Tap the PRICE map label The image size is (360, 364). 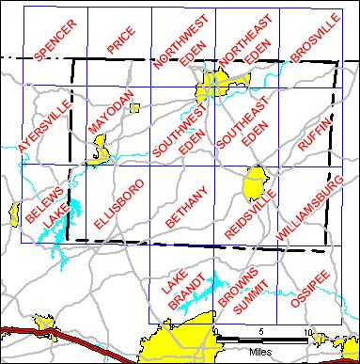click(120, 43)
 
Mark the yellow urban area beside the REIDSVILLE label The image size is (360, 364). click(254, 182)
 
